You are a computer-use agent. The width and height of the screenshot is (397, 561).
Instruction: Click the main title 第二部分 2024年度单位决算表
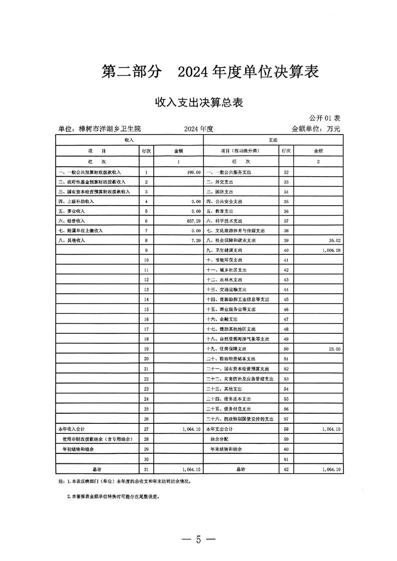coord(210,72)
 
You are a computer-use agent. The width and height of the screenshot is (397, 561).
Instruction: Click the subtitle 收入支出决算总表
coord(199,103)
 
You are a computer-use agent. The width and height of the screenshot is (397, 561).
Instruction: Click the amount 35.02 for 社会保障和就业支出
coord(332,240)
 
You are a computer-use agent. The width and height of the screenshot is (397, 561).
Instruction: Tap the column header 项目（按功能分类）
coord(241,150)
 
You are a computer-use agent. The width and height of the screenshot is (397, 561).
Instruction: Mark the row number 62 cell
coord(285,469)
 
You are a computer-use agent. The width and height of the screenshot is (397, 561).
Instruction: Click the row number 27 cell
coord(146,429)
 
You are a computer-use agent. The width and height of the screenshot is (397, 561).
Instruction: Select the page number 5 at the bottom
coord(198,539)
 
